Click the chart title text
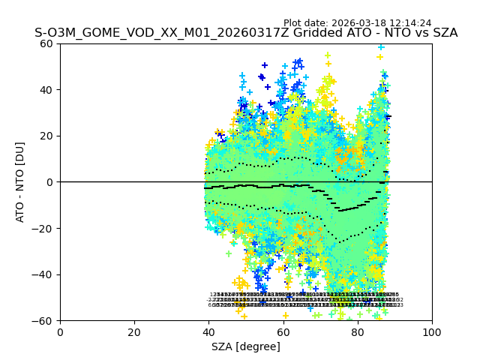246,33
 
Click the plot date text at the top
357,23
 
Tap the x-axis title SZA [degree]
246,346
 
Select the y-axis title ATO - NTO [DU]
20,182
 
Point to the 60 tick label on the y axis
47,43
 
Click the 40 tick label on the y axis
47,90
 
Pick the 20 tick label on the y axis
47,136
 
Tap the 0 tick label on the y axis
50,182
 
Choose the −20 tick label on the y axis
44,229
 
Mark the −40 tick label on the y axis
44,274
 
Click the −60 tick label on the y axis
44,321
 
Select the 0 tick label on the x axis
60,331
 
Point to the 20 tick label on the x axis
134,331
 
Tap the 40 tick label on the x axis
208,331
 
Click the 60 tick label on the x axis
283,331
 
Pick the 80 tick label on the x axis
358,331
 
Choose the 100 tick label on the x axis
432,331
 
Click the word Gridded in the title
319,33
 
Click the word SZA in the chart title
444,33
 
